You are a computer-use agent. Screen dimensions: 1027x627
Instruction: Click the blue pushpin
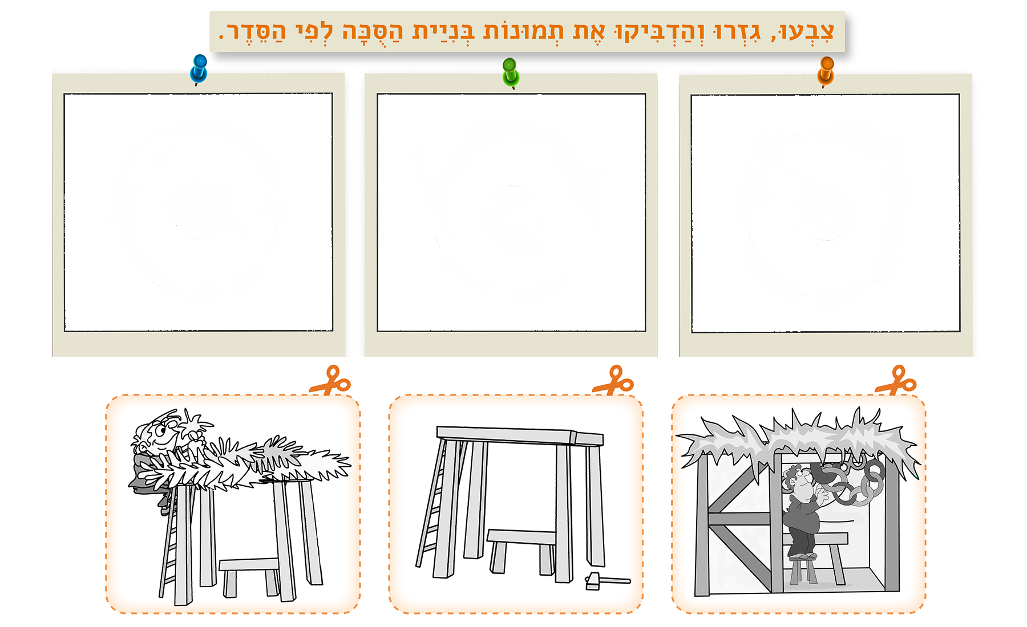pyautogui.click(x=199, y=68)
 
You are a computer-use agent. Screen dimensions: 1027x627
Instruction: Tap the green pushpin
pyautogui.click(x=511, y=72)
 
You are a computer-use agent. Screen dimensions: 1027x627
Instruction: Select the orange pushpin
pyautogui.click(x=826, y=71)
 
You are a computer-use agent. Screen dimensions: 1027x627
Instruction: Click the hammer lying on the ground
pyautogui.click(x=607, y=581)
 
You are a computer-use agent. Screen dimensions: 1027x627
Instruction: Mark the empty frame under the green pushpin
pyautogui.click(x=511, y=212)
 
